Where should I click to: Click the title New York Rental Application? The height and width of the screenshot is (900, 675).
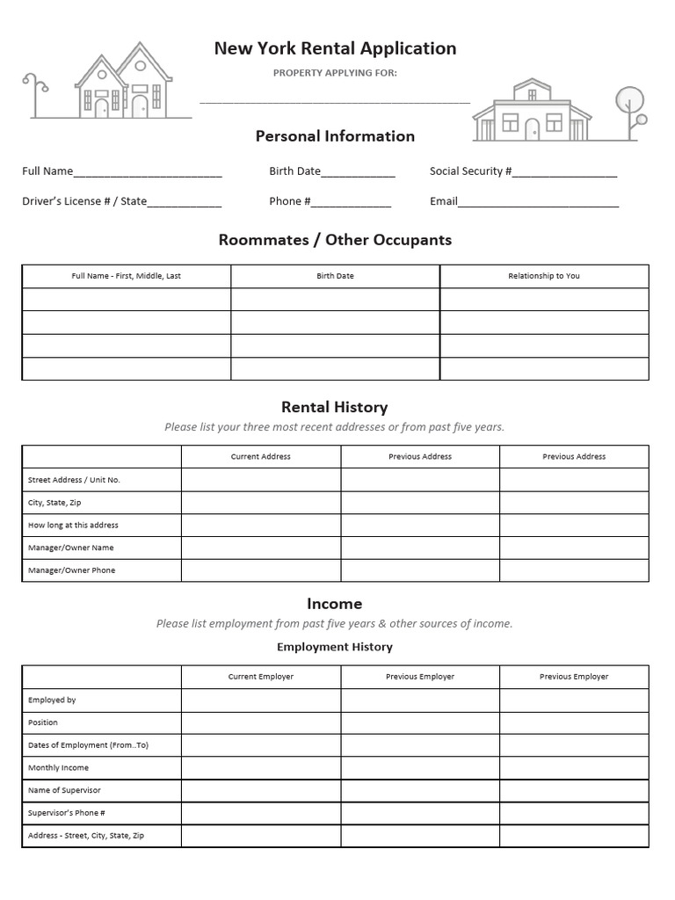pos(335,48)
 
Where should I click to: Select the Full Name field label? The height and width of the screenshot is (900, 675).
pos(47,171)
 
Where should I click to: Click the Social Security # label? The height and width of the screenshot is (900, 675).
pos(470,171)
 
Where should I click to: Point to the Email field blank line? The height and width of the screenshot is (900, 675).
pos(538,203)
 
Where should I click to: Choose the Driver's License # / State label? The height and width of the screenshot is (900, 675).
pos(84,201)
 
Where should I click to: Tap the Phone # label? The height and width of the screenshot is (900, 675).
pos(289,201)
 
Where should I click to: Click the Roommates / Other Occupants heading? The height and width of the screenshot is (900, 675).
pos(335,240)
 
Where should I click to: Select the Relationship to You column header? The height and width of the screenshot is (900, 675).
pos(544,276)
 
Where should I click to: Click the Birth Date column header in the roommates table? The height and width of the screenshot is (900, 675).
pos(335,276)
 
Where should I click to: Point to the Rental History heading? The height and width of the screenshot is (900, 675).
pos(334,407)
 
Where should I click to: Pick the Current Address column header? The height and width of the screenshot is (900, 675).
pos(261,457)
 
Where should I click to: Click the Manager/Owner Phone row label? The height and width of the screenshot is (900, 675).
pos(71,570)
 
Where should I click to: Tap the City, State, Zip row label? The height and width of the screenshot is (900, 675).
pos(54,503)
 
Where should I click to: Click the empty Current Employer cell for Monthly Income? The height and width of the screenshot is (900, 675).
pos(261,768)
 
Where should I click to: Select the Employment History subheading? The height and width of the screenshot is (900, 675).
pos(335,647)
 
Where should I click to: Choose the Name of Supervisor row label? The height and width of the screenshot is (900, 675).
pos(64,791)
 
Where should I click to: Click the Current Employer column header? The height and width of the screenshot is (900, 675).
pos(261,677)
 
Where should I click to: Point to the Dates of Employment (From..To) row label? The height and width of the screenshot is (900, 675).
pos(88,745)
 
